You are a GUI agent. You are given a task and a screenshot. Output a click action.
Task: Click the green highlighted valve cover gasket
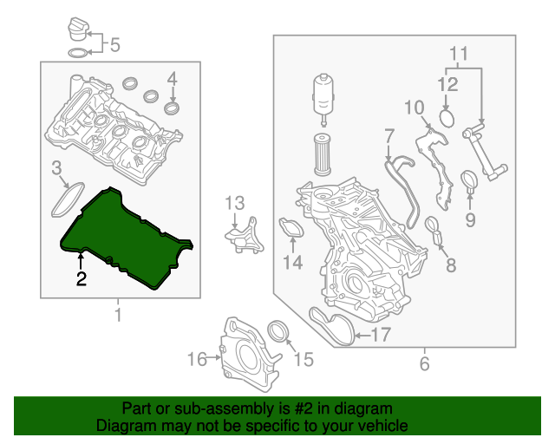pyautogui.click(x=121, y=234)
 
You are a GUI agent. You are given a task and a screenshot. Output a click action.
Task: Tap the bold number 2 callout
pyautogui.click(x=81, y=279)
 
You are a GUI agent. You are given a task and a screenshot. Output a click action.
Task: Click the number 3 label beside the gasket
pyautogui.click(x=56, y=167)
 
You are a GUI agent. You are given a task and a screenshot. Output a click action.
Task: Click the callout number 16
pyautogui.click(x=198, y=357)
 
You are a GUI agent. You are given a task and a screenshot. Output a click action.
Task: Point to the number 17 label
pyautogui.click(x=382, y=334)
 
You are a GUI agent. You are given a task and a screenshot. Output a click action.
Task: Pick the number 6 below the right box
pyautogui.click(x=424, y=364)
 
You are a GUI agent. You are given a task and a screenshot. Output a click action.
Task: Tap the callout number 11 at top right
pyautogui.click(x=459, y=52)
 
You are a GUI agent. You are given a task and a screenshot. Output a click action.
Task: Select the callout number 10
pyautogui.click(x=414, y=108)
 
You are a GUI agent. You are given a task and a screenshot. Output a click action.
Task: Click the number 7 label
pyautogui.click(x=389, y=136)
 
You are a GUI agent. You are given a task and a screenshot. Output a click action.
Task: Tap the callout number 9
pyautogui.click(x=470, y=219)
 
